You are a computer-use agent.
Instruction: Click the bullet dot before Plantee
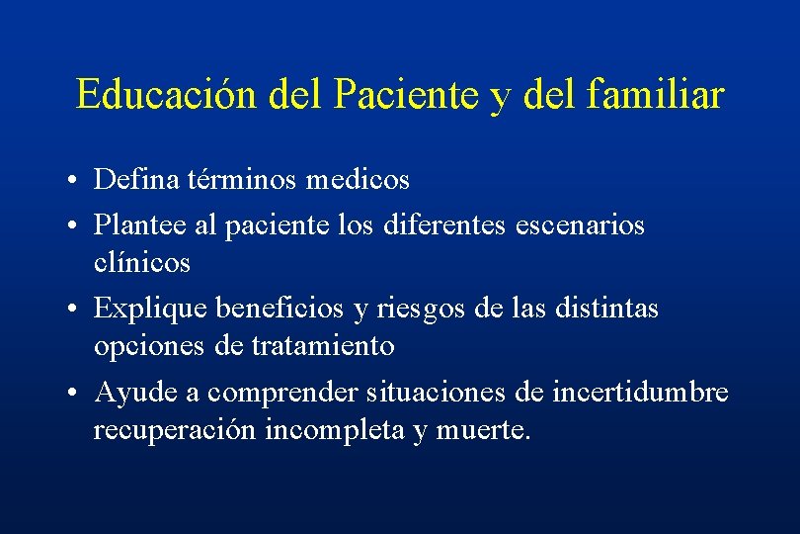point(75,226)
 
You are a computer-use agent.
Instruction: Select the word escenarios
point(580,225)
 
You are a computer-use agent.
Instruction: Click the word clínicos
point(142,263)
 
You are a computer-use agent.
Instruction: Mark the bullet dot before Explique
point(75,310)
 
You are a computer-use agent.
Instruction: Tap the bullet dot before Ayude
point(75,394)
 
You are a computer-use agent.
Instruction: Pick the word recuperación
point(175,431)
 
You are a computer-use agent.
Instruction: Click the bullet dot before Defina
point(75,181)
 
